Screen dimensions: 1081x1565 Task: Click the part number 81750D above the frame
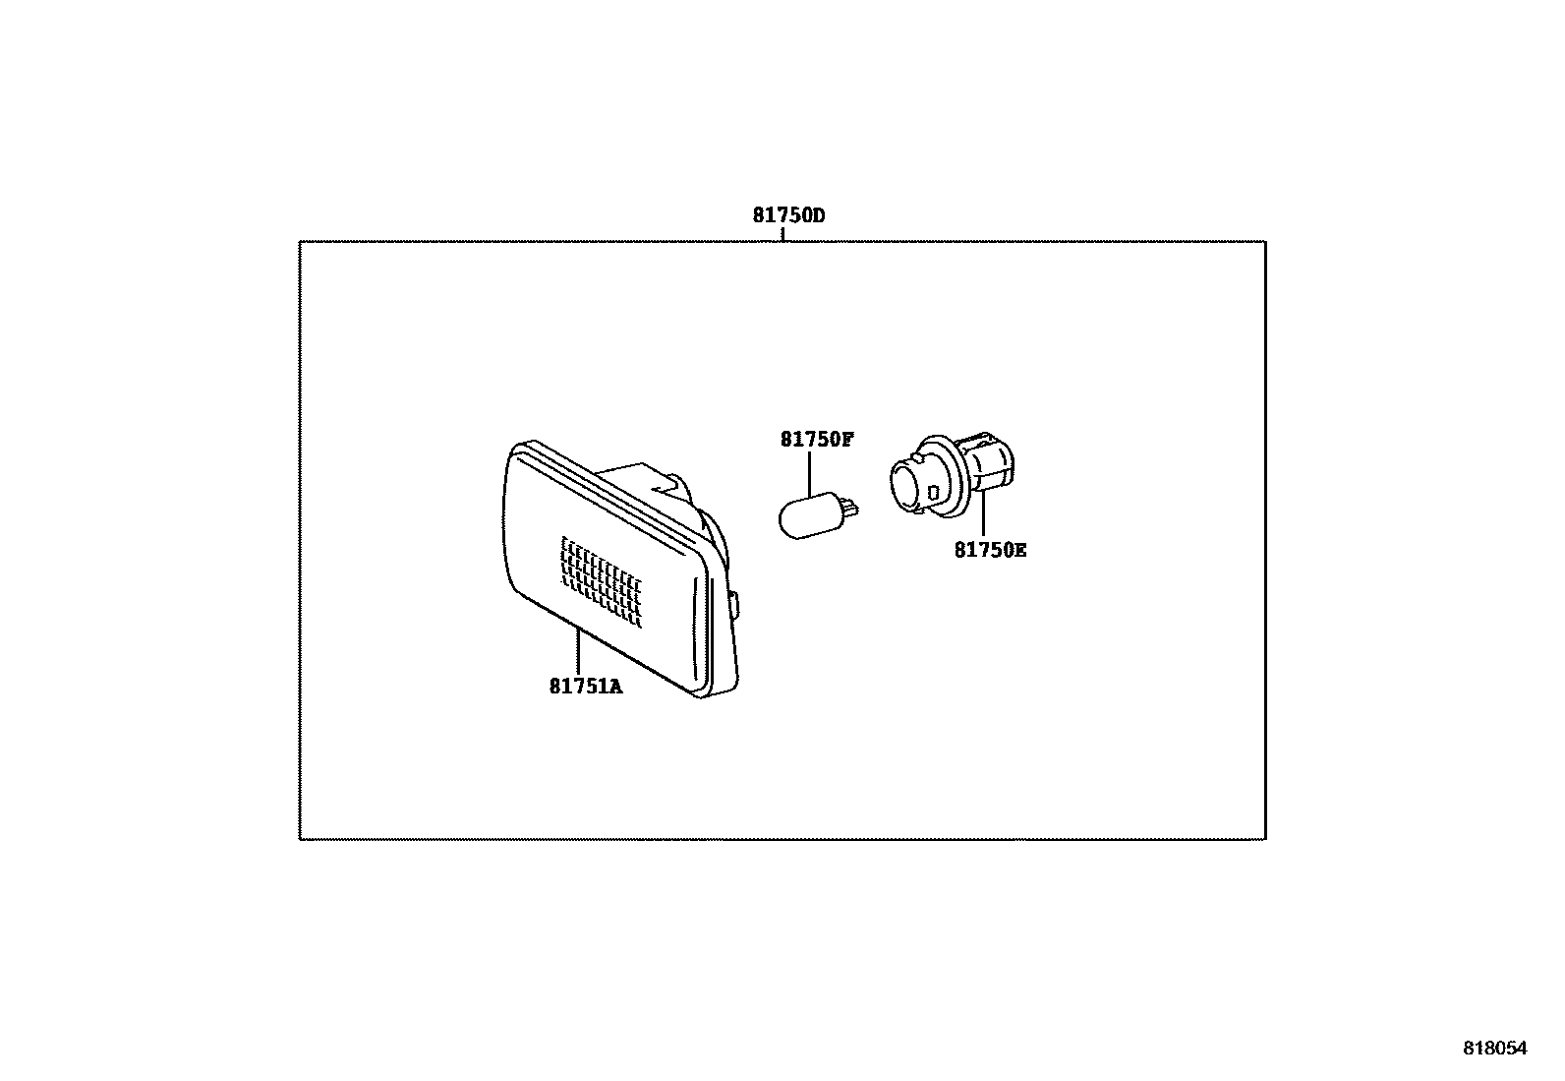point(788,214)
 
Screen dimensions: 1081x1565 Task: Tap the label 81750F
point(817,440)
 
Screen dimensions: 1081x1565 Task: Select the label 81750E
point(990,550)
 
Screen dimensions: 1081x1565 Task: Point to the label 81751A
point(586,687)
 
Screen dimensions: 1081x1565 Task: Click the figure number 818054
point(1495,1050)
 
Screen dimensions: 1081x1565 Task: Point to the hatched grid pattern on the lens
point(601,582)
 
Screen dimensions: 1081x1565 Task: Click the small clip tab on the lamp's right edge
point(736,604)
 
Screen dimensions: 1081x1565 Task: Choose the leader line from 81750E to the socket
point(982,514)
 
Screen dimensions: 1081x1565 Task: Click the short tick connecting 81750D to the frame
point(782,234)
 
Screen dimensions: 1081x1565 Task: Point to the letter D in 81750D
point(818,214)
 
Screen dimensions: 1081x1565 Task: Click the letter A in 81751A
point(616,687)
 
